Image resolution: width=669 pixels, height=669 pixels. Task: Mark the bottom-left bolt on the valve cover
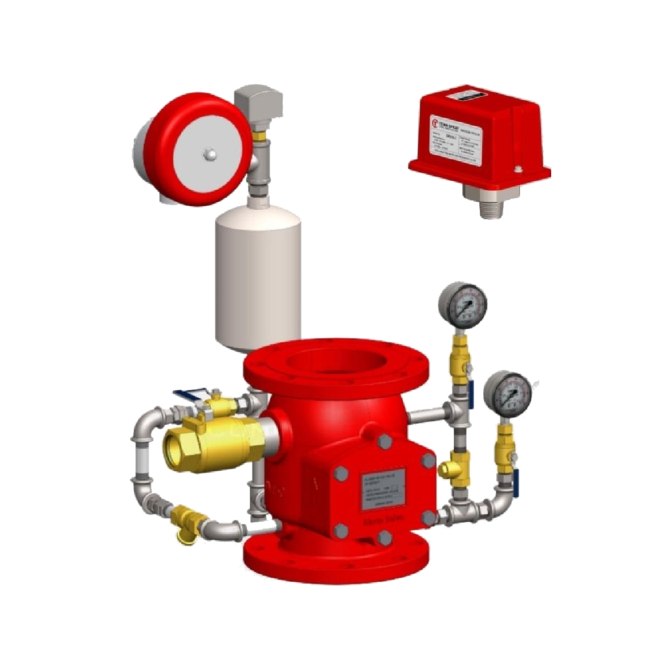[340, 530]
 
